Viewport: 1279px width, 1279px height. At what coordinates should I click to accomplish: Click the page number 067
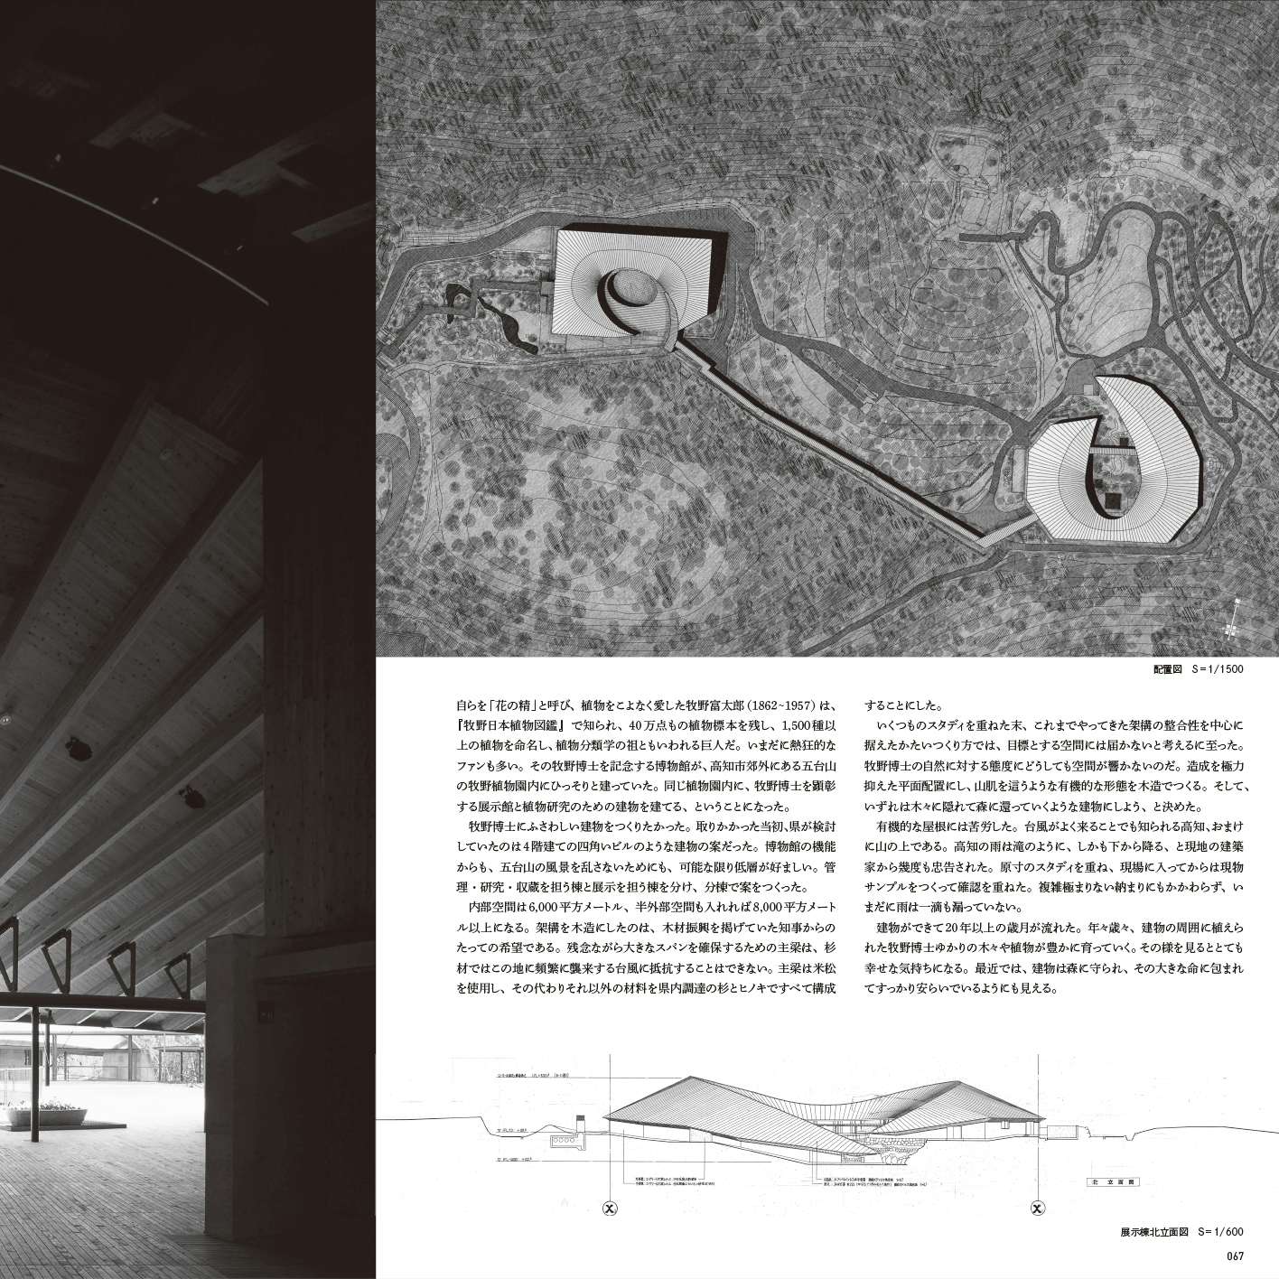coord(1236,1253)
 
